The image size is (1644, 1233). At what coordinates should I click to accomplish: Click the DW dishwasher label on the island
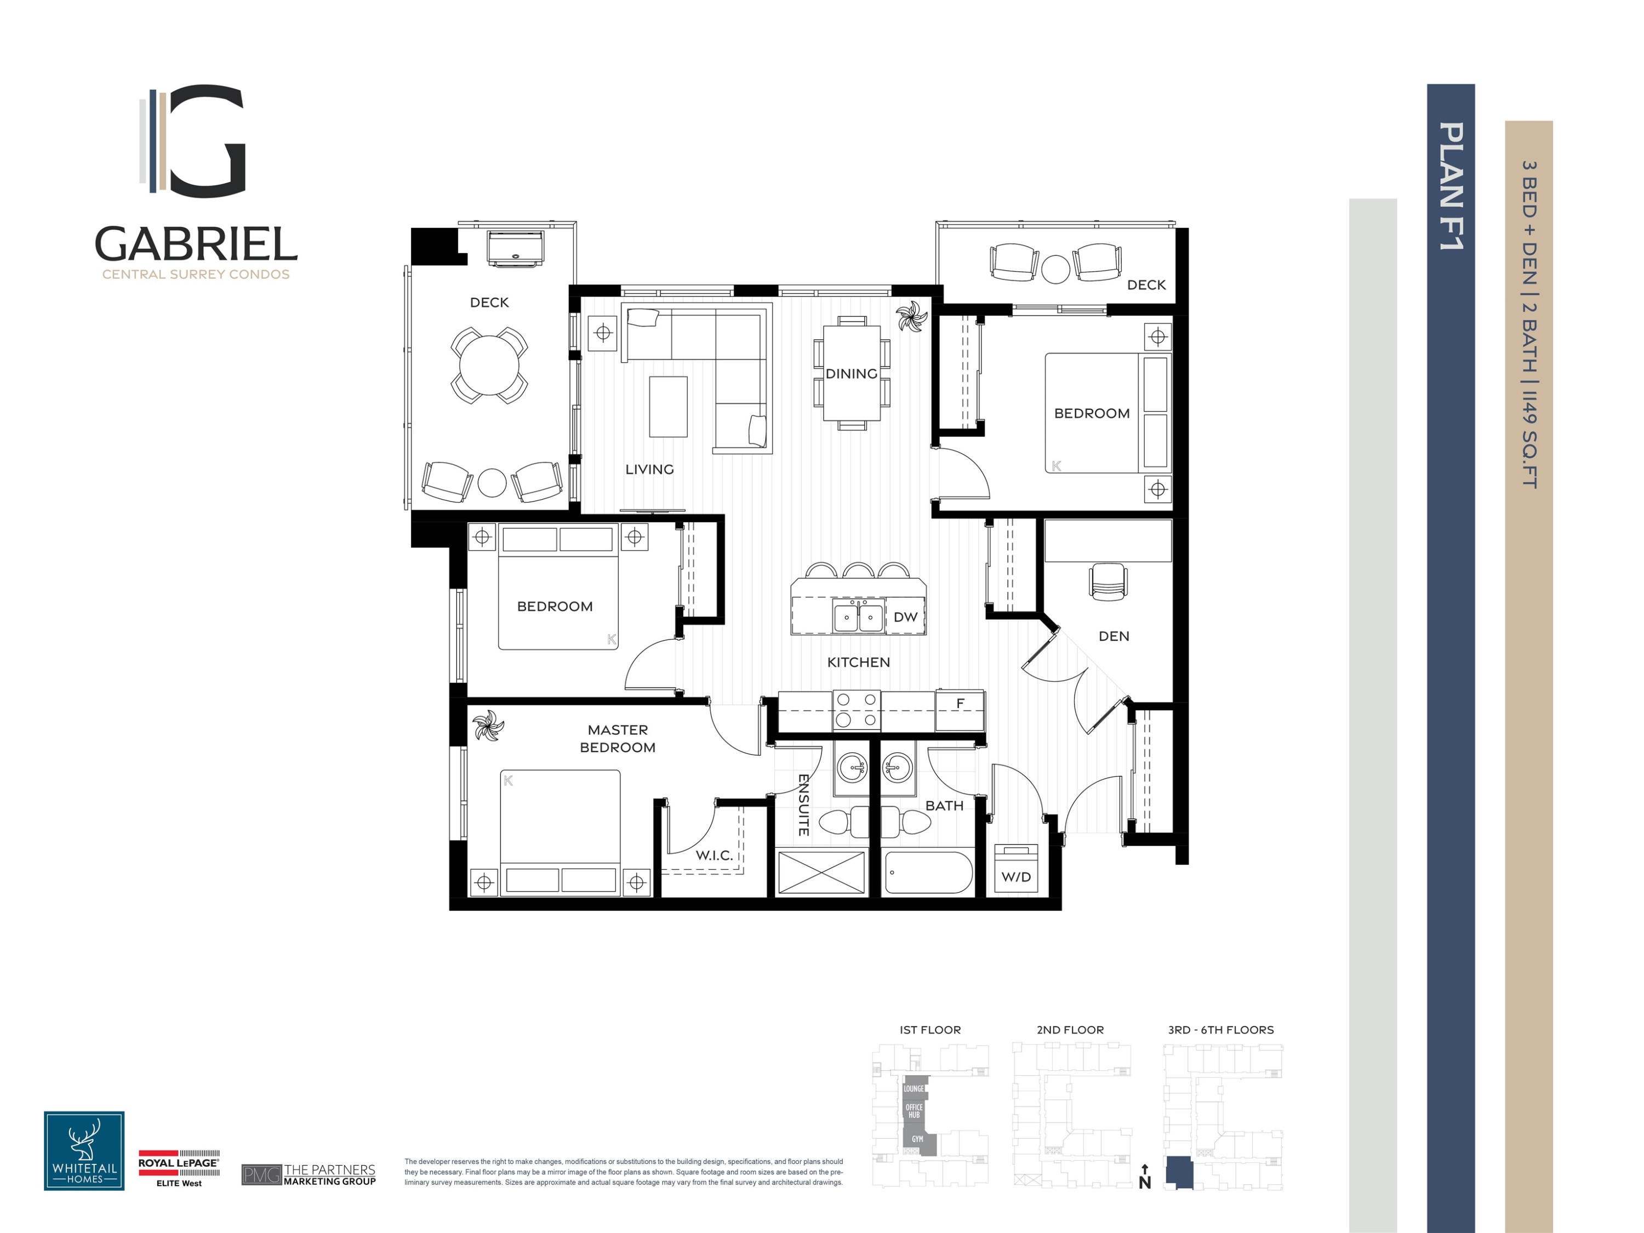(x=905, y=617)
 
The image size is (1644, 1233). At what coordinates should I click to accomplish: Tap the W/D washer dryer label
(x=1015, y=877)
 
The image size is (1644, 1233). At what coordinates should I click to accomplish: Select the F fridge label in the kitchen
(x=960, y=703)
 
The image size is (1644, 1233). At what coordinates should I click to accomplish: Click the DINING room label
(x=851, y=374)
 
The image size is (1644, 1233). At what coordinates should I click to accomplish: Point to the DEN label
(x=1114, y=636)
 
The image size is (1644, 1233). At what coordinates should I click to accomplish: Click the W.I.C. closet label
(x=714, y=855)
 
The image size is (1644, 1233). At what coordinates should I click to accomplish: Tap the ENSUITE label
(x=803, y=805)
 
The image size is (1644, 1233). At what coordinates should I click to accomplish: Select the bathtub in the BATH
(x=928, y=872)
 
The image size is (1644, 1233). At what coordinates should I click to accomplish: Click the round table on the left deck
(x=489, y=366)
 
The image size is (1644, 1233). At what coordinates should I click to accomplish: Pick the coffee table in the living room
(x=667, y=407)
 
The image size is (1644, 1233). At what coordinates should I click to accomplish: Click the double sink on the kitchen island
(x=858, y=617)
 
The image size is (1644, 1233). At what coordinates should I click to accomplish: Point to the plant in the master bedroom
(x=488, y=726)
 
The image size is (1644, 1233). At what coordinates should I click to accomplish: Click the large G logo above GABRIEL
(x=195, y=141)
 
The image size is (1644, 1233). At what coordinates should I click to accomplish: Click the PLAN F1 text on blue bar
(x=1451, y=186)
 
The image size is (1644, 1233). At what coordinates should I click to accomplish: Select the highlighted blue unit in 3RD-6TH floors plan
(x=1179, y=1173)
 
